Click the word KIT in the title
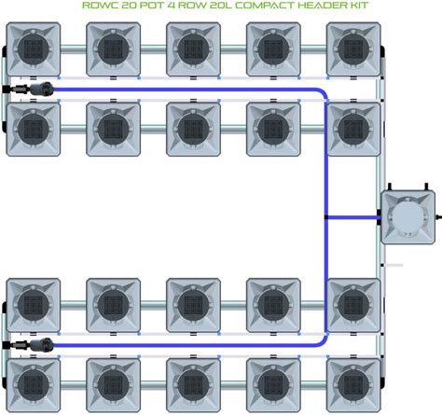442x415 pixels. click(357, 6)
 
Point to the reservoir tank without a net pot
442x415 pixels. click(407, 217)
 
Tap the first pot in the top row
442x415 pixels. click(34, 49)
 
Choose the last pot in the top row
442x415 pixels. click(353, 49)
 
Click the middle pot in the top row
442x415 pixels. click(193, 49)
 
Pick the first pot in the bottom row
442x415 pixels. click(34, 385)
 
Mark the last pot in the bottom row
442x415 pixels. click(353, 385)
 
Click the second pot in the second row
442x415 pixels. click(113, 129)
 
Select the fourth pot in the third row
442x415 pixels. click(273, 305)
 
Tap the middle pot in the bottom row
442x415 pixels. click(193, 385)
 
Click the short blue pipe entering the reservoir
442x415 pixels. click(353, 217)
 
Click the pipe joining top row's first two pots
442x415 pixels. click(74, 49)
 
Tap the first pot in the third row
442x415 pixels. click(34, 305)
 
